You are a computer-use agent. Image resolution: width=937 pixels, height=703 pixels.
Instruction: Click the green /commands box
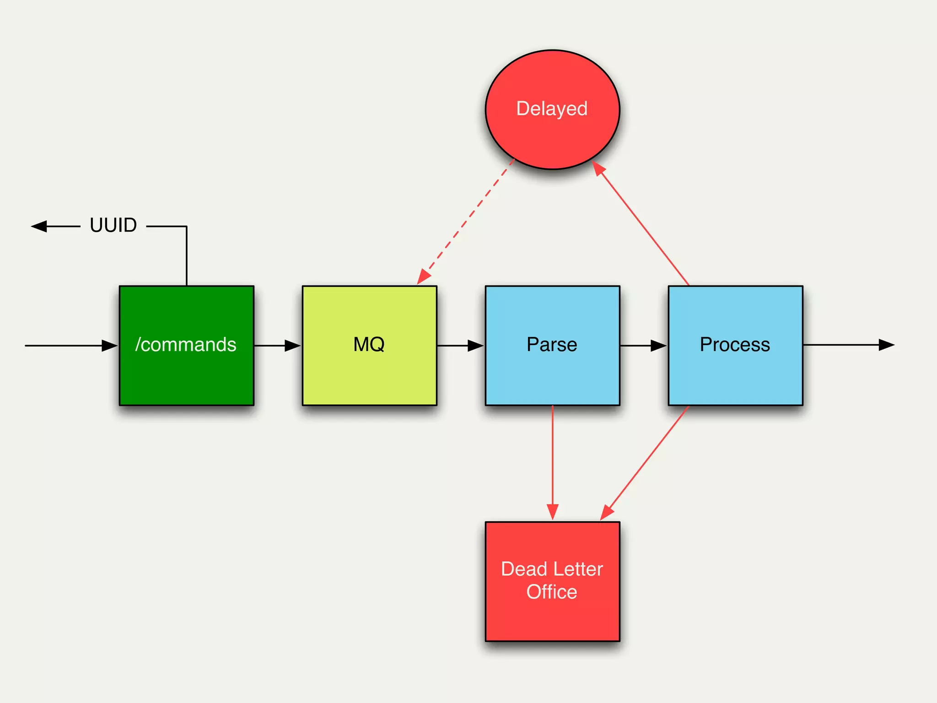(186, 346)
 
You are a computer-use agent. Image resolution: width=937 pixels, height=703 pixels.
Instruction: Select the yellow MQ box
(369, 346)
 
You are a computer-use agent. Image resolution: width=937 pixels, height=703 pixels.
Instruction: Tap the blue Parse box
(552, 346)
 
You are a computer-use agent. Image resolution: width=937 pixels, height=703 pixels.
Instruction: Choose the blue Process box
(735, 346)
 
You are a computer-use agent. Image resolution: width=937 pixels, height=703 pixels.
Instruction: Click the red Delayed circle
(552, 110)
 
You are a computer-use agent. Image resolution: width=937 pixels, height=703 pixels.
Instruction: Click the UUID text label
(113, 225)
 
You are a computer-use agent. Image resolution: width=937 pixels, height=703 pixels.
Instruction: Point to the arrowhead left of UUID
(39, 226)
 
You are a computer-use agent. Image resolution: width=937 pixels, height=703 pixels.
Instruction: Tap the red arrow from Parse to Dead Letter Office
(552, 462)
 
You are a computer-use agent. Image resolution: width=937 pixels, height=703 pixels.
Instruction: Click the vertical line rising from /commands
(187, 256)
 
